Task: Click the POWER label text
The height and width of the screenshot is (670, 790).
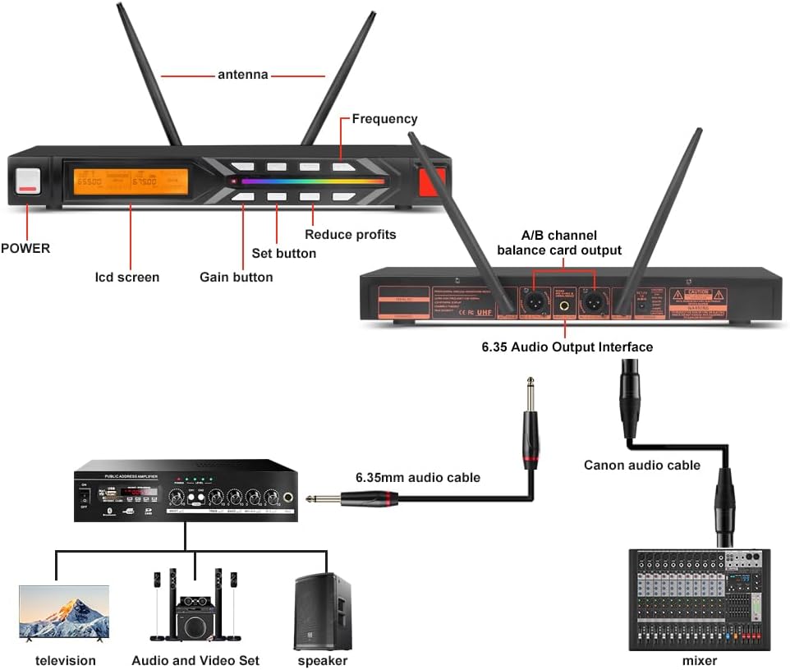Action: [x=25, y=248]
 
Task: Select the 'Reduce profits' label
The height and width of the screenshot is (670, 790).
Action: [x=351, y=235]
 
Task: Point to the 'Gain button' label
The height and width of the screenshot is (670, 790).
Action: [x=237, y=278]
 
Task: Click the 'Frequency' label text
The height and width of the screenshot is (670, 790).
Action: [x=384, y=119]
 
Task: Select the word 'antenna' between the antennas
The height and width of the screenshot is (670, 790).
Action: [x=242, y=75]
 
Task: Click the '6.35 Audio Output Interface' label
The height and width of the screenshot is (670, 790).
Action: [x=567, y=347]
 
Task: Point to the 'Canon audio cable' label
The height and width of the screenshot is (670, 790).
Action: [x=642, y=466]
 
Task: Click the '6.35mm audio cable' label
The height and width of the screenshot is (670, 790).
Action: [x=418, y=477]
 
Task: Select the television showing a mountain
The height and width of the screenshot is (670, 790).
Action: [x=64, y=612]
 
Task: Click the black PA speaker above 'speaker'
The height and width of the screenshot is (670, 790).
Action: [x=323, y=611]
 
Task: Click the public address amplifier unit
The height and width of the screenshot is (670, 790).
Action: [x=186, y=489]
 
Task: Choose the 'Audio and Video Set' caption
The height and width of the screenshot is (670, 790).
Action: [x=195, y=661]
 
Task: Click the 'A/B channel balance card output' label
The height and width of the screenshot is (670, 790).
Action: [x=559, y=242]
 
